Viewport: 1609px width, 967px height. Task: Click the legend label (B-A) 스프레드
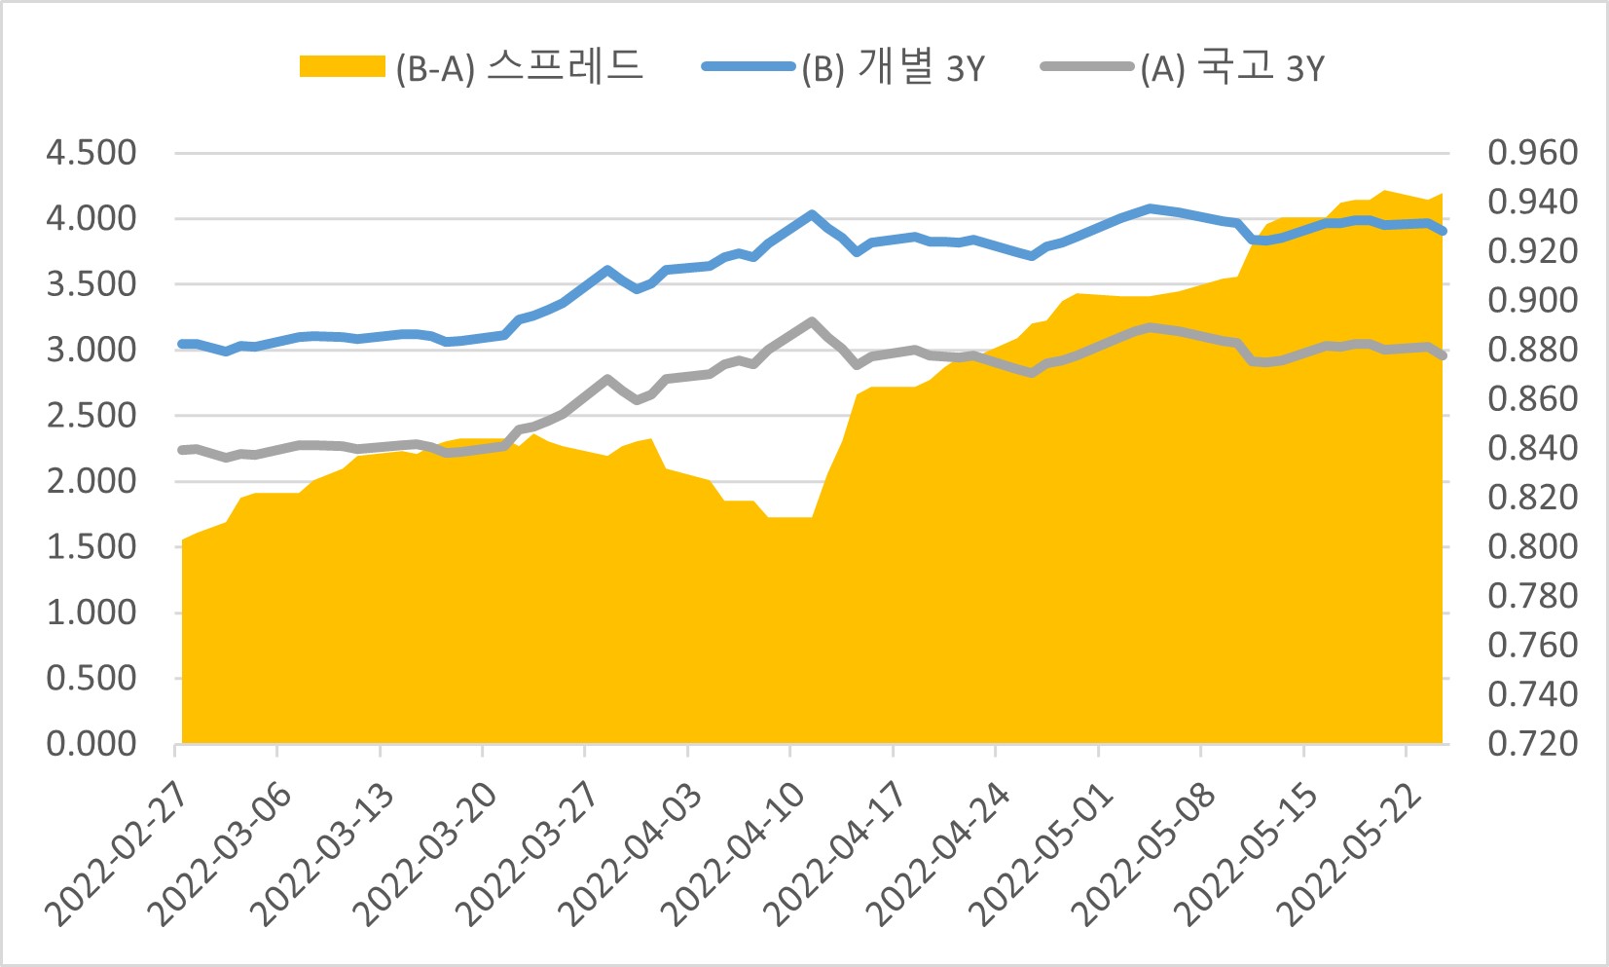[519, 67]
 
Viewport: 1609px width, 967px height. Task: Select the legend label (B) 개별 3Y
[893, 67]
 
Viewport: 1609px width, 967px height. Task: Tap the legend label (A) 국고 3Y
[1232, 67]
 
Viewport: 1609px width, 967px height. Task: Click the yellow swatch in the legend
[342, 67]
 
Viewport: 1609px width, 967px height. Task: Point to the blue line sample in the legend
[748, 67]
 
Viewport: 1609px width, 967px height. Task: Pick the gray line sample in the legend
[1086, 67]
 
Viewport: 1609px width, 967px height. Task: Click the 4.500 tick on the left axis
[91, 153]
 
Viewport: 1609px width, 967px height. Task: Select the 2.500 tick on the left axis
[91, 416]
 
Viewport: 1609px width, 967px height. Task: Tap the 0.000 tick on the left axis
[91, 744]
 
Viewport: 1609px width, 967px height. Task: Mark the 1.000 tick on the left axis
[91, 613]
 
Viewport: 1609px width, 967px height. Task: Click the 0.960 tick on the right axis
[1532, 153]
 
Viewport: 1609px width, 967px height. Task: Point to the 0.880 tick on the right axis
[1532, 350]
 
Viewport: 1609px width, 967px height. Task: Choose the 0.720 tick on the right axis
[1532, 744]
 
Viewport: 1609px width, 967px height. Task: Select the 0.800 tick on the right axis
[1532, 546]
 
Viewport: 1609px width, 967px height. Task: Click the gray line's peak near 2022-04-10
[812, 320]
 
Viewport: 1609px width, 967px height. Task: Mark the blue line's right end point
[1443, 231]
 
